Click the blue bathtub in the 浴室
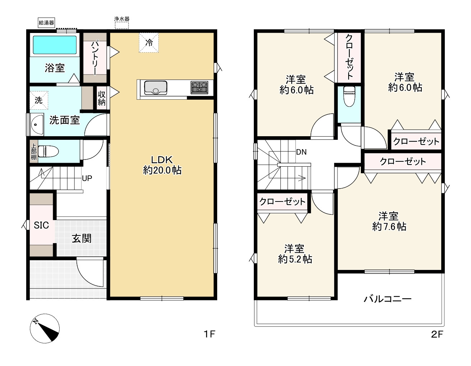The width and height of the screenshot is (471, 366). pos(55,45)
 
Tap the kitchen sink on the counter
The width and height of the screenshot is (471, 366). pos(156,88)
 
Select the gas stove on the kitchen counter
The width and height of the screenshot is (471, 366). pos(199,87)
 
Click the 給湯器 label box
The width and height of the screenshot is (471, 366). pos(46,23)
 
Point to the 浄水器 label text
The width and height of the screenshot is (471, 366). pos(122,19)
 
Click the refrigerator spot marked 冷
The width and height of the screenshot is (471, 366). pos(149,42)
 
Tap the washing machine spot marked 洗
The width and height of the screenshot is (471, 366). pos(38,100)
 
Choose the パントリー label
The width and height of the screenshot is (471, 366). pos(95,58)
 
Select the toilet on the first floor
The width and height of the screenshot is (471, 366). pos(48,151)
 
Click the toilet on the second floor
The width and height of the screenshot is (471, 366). pos(349,96)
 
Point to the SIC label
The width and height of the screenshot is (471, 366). pos(41,225)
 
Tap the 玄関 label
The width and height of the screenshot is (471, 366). pos(81,238)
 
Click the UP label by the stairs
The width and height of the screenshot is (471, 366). pos(87,179)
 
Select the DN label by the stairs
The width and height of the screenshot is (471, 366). pos(301,152)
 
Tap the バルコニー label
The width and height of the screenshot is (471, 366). pos(388,299)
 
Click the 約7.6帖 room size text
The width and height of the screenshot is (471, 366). pos(389,227)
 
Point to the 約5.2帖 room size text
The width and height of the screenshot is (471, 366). pos(295,259)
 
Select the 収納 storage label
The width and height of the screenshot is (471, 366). pos(102,99)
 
